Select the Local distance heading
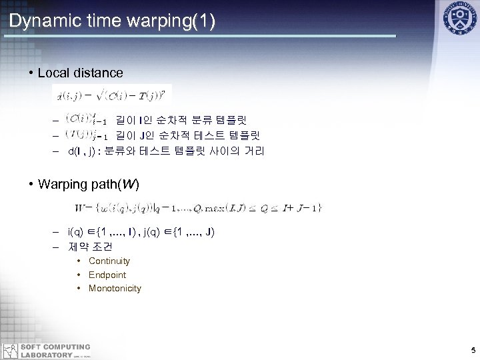pos(80,72)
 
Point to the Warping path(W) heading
pos(89,183)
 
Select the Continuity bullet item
pos(109,261)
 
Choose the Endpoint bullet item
pos(107,275)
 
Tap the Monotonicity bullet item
pos(115,288)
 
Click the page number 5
pos(472,350)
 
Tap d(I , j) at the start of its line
pos(82,151)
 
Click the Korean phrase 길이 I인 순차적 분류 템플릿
pos(181,121)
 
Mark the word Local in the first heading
pos(53,72)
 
